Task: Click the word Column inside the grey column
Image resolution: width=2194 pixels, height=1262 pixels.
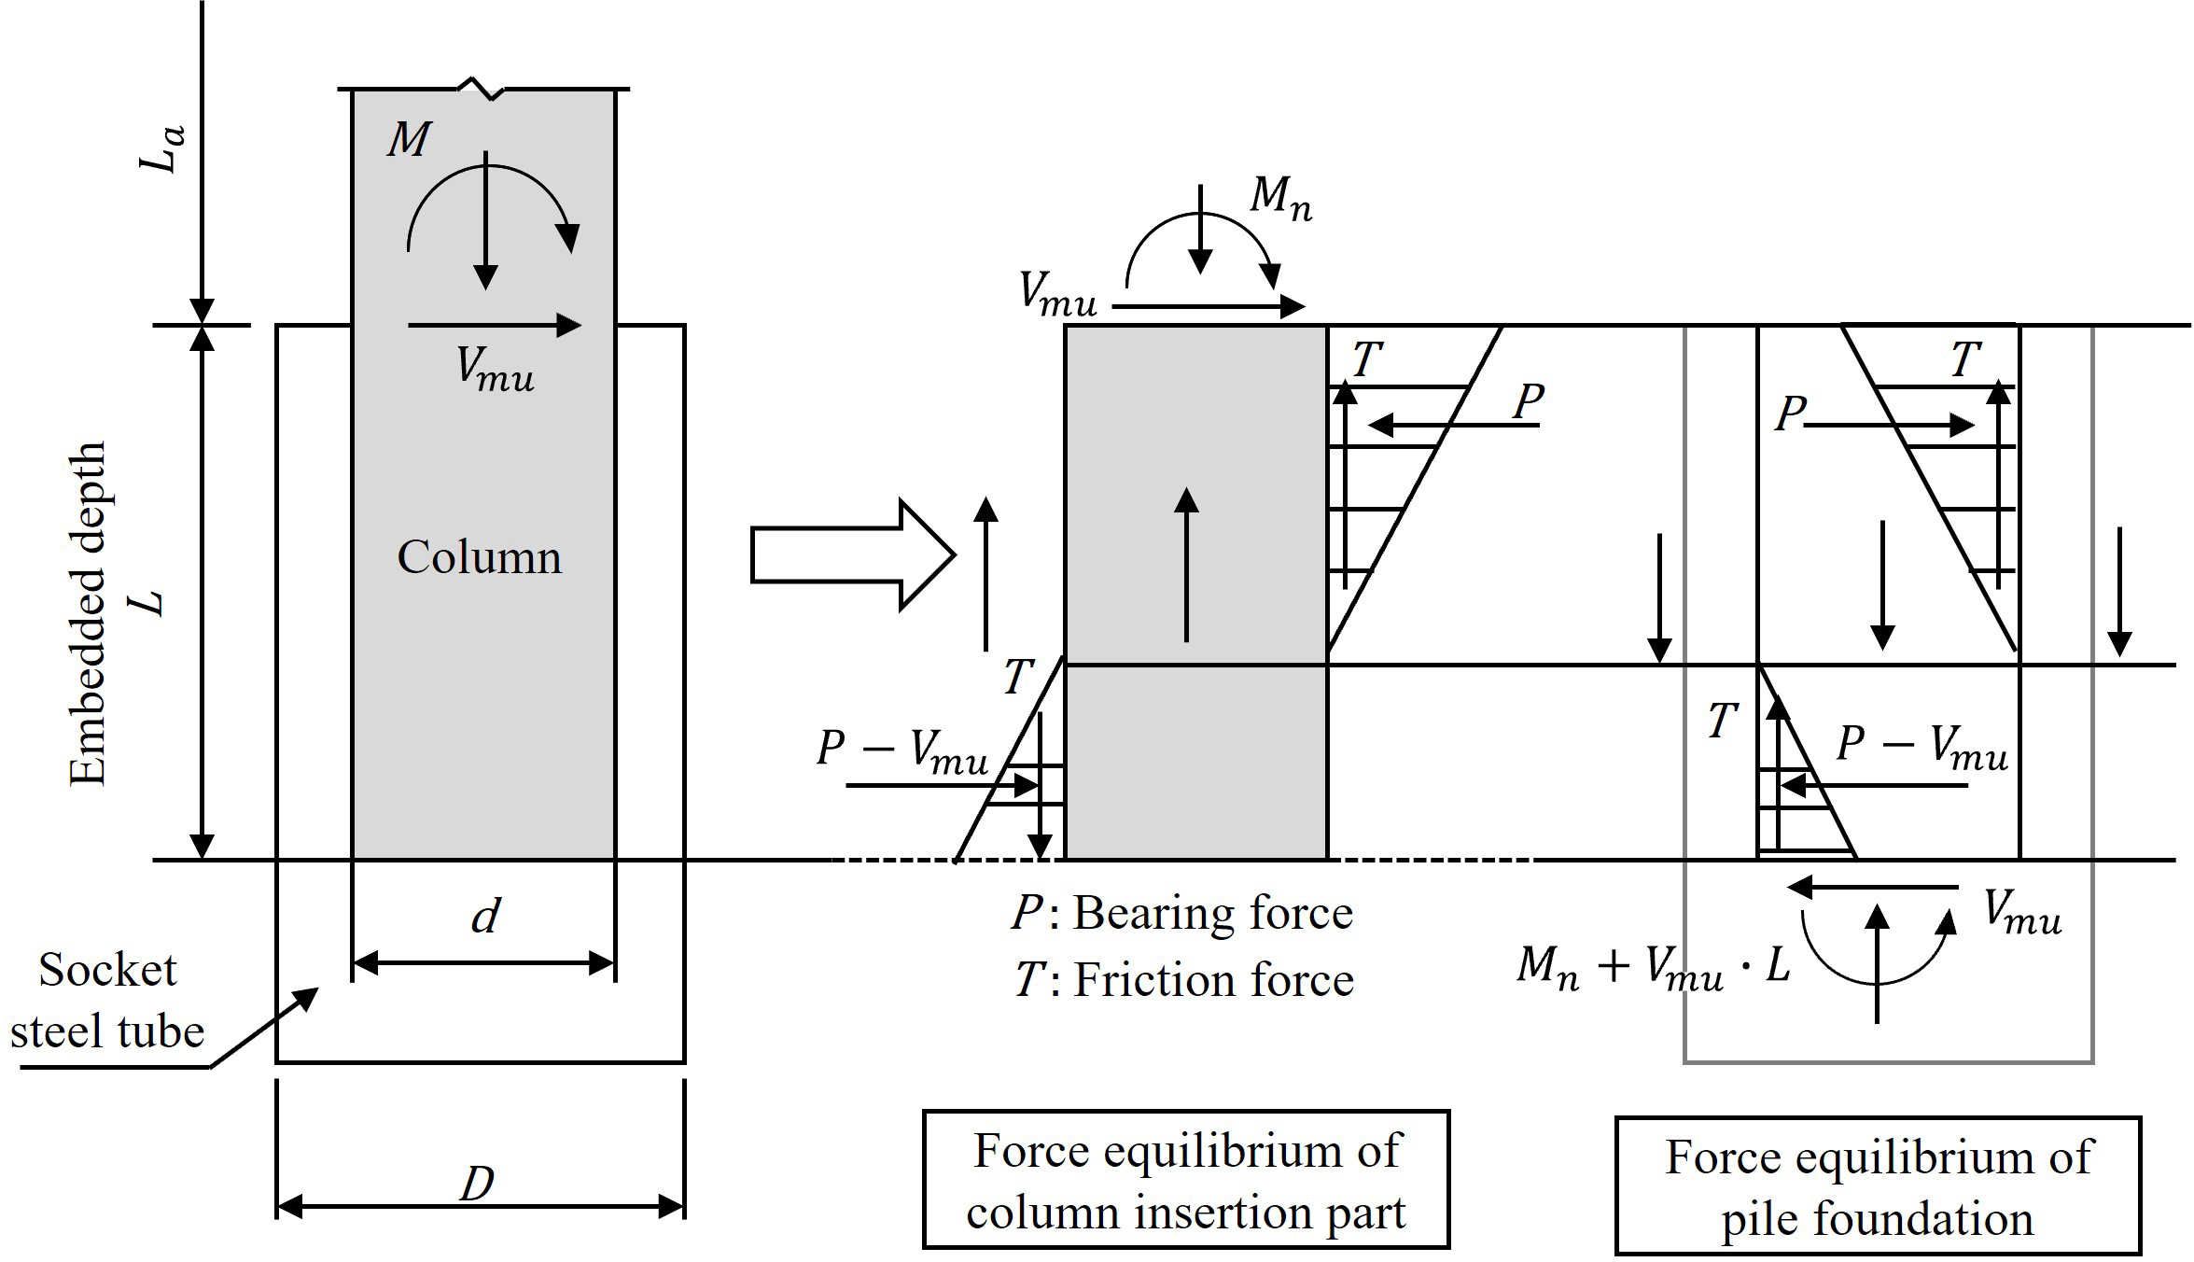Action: [480, 557]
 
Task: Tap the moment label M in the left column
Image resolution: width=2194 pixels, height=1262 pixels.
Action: [409, 140]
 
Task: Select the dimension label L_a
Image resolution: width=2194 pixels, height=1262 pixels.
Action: [161, 150]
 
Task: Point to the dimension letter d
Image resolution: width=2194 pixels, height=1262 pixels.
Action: [485, 917]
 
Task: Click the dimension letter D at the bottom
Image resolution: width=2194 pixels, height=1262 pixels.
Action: [477, 1185]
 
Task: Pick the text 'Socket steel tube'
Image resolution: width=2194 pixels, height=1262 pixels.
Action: [107, 1001]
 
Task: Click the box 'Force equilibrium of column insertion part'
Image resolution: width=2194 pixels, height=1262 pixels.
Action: [1186, 1180]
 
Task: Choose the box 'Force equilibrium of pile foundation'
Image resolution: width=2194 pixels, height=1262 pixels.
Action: [1878, 1185]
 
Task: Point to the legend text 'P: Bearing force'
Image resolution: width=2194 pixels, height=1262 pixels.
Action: [1182, 913]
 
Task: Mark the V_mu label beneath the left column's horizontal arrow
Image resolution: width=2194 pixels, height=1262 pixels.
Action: [495, 368]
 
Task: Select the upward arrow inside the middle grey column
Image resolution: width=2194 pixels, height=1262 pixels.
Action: [1186, 565]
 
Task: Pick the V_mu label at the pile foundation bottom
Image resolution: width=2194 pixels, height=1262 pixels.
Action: [2021, 913]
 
